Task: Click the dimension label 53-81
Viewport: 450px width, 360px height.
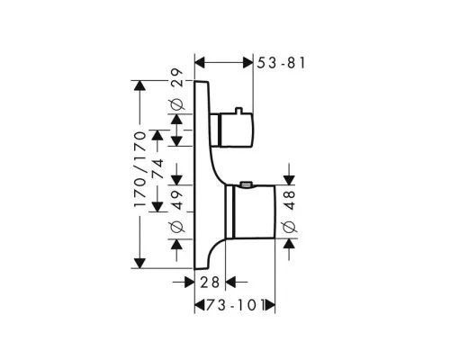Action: click(281, 63)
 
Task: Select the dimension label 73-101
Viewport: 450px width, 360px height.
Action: click(235, 306)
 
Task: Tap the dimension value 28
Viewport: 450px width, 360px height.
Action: click(210, 283)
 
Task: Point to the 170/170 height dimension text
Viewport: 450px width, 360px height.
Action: click(140, 168)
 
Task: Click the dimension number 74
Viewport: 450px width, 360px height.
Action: click(158, 168)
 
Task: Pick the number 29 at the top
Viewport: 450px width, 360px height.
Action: click(176, 78)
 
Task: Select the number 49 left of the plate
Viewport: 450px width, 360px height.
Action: click(176, 200)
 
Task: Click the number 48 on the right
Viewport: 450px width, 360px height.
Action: click(290, 200)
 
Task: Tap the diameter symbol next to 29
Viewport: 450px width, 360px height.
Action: click(176, 104)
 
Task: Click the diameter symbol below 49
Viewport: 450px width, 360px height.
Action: click(176, 227)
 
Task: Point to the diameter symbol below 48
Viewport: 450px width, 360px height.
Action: click(290, 227)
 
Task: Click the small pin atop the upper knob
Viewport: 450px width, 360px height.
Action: click(238, 111)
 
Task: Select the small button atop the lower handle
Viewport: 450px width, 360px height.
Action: click(247, 184)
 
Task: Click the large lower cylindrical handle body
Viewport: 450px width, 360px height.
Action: click(254, 211)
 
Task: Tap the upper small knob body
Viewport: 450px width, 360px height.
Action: click(237, 130)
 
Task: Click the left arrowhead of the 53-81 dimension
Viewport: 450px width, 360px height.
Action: click(200, 63)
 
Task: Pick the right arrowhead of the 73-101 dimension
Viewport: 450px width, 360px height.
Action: click(270, 306)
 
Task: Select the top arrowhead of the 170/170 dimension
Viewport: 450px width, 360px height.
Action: click(140, 85)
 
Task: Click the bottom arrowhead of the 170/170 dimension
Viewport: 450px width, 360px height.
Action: click(140, 263)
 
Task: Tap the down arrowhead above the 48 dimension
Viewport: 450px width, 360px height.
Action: click(289, 180)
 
